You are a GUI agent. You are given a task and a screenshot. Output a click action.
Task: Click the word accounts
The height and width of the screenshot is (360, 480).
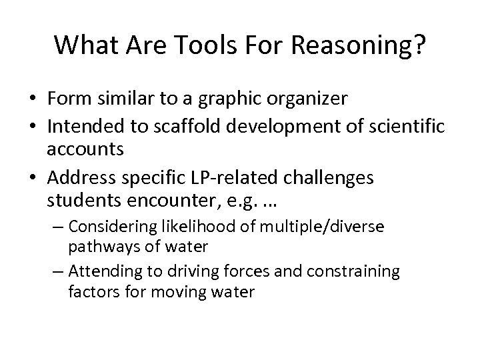pyautogui.click(x=85, y=149)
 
